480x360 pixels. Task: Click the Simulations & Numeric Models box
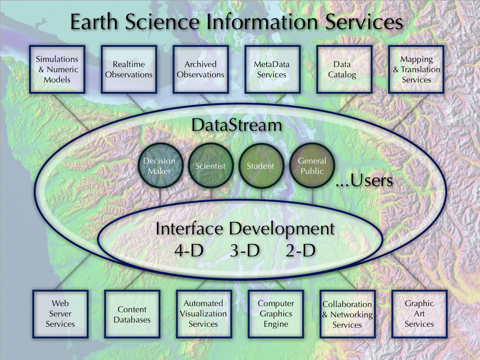57,69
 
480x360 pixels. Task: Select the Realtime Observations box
129,69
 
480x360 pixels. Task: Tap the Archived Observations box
201,69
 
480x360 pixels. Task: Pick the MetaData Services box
272,69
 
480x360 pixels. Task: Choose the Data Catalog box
345,69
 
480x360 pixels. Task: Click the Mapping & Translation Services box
416,69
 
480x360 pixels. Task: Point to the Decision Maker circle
160,165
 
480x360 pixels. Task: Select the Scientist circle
210,165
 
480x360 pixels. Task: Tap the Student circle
261,165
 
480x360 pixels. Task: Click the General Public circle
312,165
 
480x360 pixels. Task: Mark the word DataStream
237,125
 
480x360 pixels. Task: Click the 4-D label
189,250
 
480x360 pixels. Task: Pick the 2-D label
300,250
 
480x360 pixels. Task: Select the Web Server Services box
60,314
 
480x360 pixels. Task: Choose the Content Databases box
132,314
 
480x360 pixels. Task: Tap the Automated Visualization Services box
204,314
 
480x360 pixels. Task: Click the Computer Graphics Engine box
276,314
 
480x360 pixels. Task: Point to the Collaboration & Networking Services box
348,314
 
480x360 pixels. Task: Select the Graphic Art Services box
420,314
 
